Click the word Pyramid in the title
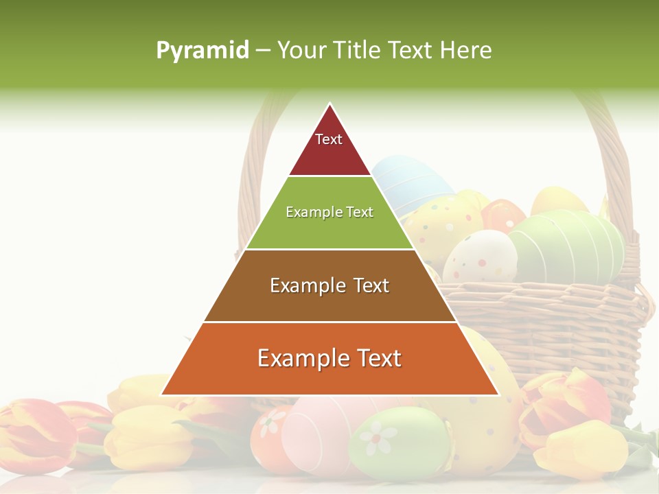point(203,51)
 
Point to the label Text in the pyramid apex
point(329,139)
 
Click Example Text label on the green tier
point(329,212)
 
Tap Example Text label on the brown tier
point(329,285)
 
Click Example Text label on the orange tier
point(329,358)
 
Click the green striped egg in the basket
point(570,244)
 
